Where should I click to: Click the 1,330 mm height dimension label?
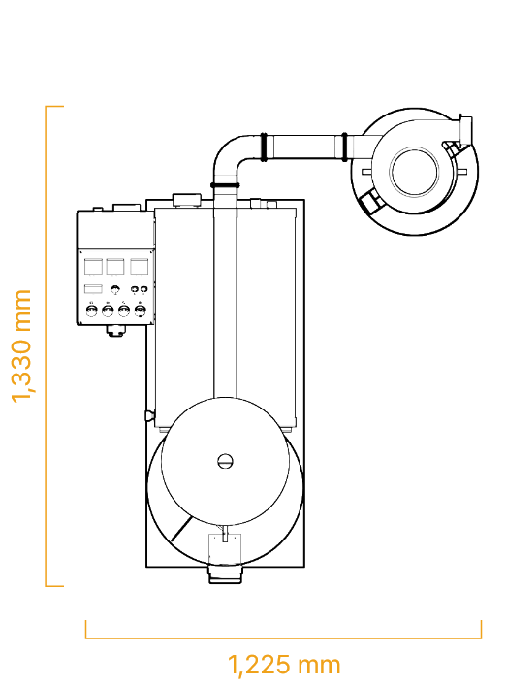pyautogui.click(x=21, y=345)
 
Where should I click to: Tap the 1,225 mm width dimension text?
pyautogui.click(x=284, y=665)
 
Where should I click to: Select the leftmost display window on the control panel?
pyautogui.click(x=93, y=267)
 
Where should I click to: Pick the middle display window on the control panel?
pyautogui.click(x=115, y=267)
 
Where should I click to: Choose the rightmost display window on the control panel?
pyautogui.click(x=139, y=267)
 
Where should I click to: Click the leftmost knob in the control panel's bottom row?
pyautogui.click(x=91, y=311)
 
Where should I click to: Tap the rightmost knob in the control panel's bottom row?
pyautogui.click(x=140, y=311)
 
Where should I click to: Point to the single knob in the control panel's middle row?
pyautogui.click(x=115, y=289)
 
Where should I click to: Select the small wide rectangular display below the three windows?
pyautogui.click(x=93, y=289)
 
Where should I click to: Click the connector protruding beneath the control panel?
pyautogui.click(x=115, y=331)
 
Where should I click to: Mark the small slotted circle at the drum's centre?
pyautogui.click(x=225, y=461)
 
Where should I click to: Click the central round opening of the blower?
pyautogui.click(x=415, y=172)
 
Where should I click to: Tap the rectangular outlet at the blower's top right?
pyautogui.click(x=465, y=129)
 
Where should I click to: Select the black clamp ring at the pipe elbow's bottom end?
pyautogui.click(x=225, y=185)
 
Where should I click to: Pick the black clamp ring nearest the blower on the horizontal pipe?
pyautogui.click(x=344, y=147)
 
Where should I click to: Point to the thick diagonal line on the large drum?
pyautogui.click(x=181, y=529)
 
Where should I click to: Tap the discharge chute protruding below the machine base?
pyautogui.click(x=225, y=574)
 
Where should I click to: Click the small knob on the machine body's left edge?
pyautogui.click(x=149, y=413)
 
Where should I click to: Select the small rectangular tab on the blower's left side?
pyautogui.click(x=365, y=172)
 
